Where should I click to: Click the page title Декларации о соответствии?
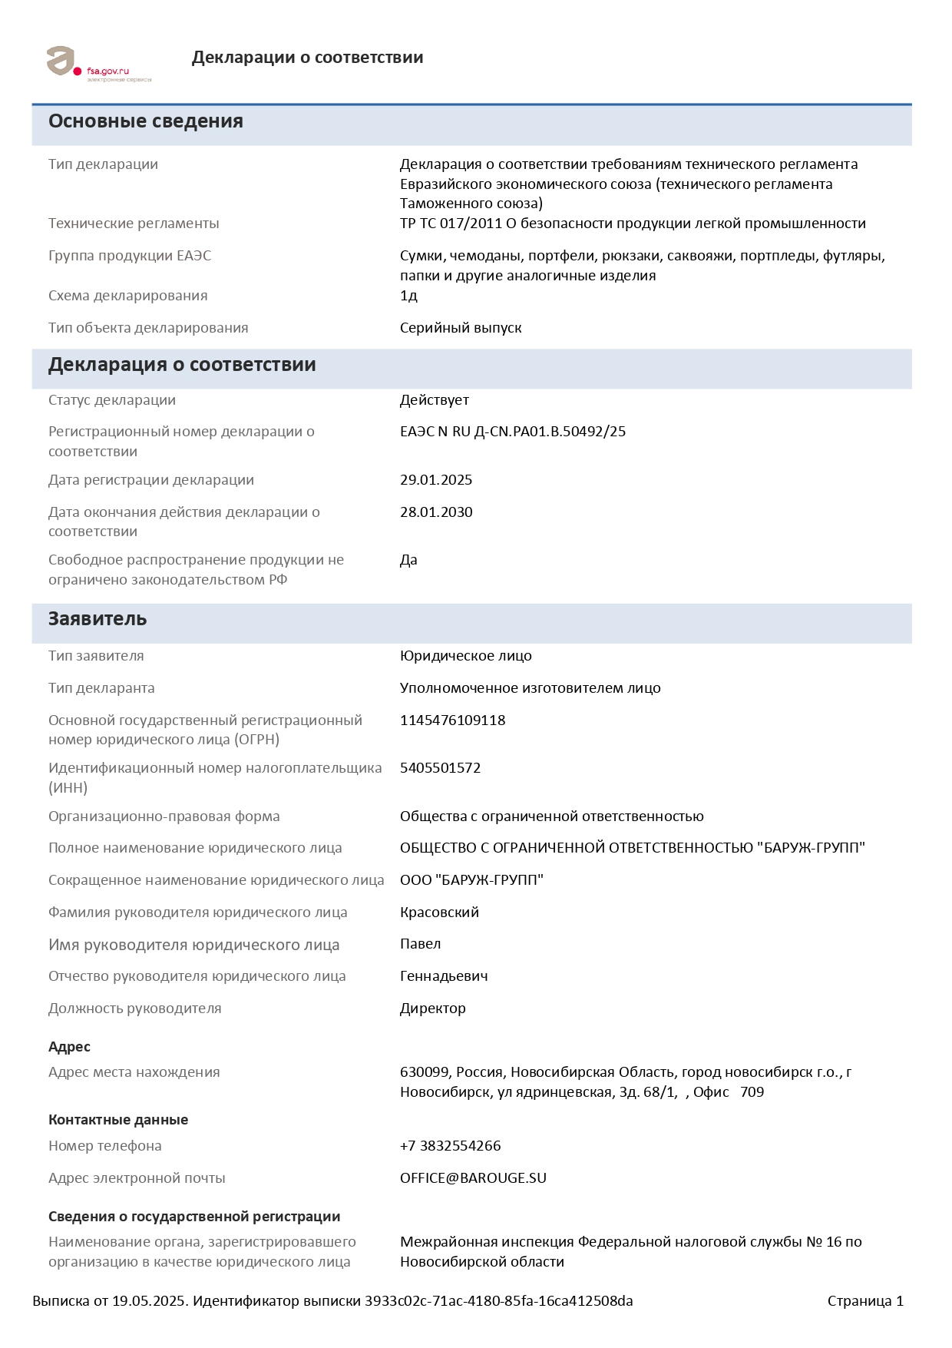tap(307, 58)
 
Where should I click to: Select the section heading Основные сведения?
tap(146, 121)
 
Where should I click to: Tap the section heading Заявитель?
tap(98, 619)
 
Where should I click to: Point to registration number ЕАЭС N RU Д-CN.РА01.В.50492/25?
tap(512, 432)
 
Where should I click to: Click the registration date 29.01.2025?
tap(435, 480)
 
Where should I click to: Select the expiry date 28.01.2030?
tap(435, 512)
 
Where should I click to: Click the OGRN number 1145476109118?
tap(452, 720)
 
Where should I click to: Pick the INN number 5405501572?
tap(440, 768)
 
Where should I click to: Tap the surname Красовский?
tap(439, 912)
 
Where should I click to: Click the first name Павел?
tap(420, 944)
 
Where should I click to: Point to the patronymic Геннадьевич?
tap(444, 976)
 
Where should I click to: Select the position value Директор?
tap(432, 1009)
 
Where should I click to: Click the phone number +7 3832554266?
tap(450, 1146)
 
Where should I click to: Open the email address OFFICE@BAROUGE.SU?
tap(473, 1178)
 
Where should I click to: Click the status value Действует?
tap(434, 400)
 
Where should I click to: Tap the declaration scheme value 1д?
tap(408, 296)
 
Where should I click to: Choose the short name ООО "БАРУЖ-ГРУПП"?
tap(471, 880)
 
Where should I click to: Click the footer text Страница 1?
tap(865, 1301)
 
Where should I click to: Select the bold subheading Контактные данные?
tap(118, 1120)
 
